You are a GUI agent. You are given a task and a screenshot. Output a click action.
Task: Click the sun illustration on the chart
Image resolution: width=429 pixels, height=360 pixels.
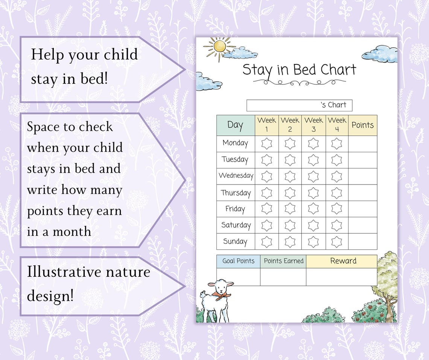(x=219, y=46)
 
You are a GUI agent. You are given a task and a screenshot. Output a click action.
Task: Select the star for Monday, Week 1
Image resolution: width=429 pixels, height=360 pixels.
(x=266, y=143)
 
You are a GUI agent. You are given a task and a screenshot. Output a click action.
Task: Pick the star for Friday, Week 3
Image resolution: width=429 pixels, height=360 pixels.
(x=313, y=209)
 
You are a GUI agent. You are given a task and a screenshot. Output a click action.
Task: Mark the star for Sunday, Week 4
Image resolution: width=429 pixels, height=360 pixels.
(x=336, y=241)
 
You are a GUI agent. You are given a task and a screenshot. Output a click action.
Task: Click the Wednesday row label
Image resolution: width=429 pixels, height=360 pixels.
(x=236, y=176)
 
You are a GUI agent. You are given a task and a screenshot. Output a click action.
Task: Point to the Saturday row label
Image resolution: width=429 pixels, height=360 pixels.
(x=236, y=225)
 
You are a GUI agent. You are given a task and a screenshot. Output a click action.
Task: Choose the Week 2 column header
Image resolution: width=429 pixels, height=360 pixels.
(x=290, y=125)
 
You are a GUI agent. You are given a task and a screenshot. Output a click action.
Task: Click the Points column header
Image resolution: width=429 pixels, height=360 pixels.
(x=362, y=125)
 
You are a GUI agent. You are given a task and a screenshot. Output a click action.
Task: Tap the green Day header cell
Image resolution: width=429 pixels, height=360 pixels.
(x=236, y=125)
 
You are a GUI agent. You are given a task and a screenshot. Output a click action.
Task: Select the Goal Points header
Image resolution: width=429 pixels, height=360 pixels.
(x=238, y=261)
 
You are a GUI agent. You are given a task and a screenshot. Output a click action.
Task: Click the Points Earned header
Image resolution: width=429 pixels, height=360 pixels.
(x=283, y=261)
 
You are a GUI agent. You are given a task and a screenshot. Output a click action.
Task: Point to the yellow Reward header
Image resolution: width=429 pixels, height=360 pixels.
(x=343, y=261)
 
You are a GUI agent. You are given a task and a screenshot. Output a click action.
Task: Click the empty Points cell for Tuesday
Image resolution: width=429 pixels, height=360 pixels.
(x=362, y=160)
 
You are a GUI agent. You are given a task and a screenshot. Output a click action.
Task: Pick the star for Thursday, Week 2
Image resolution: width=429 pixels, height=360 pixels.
(x=290, y=193)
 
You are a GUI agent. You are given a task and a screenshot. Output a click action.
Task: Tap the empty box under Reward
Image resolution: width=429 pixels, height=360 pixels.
(x=341, y=277)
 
